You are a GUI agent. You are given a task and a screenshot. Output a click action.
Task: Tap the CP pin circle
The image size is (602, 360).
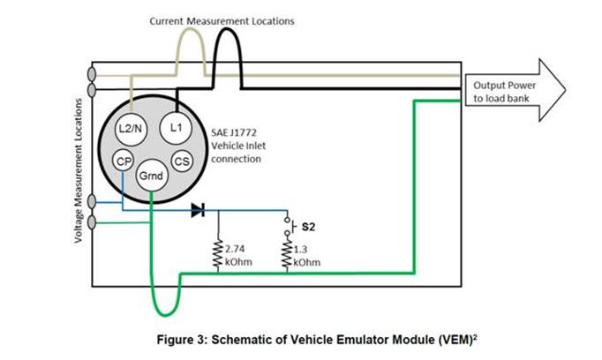(x=125, y=161)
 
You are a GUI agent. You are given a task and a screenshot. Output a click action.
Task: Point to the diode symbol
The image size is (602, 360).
(x=198, y=210)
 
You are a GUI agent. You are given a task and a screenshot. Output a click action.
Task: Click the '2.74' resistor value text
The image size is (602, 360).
(x=234, y=250)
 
